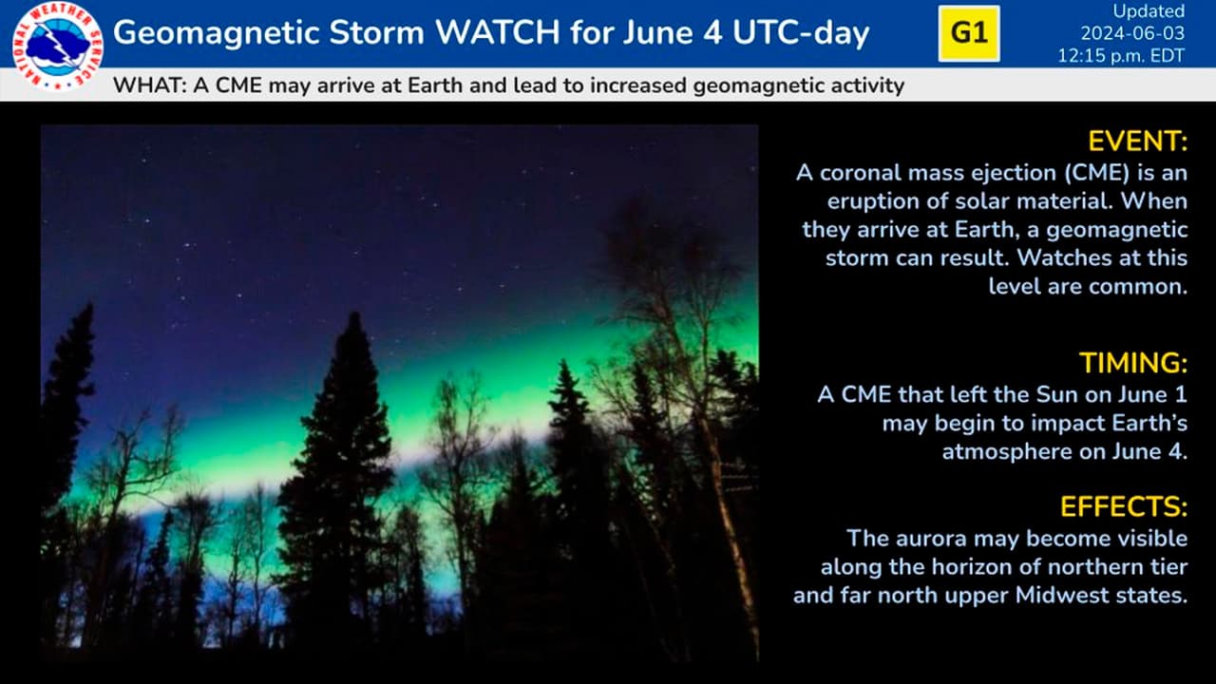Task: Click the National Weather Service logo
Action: point(58,46)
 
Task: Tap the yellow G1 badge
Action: point(969,33)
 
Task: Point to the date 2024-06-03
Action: point(1132,33)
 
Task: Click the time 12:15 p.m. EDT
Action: point(1121,56)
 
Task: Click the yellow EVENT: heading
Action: point(1138,142)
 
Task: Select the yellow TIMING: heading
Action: point(1133,363)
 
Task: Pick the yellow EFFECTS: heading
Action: point(1124,507)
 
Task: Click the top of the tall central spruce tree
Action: point(355,313)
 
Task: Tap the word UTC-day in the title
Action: point(801,33)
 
